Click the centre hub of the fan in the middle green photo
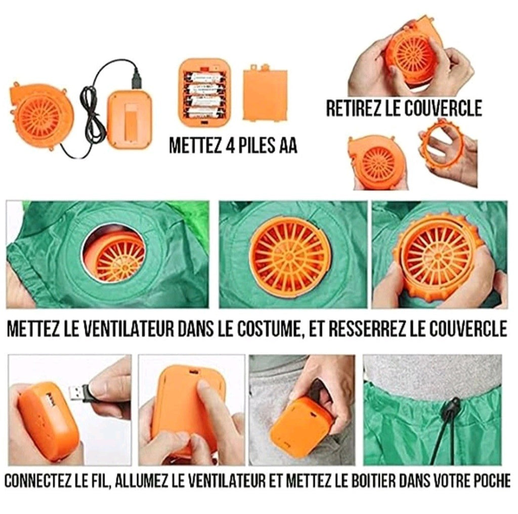tap(289, 255)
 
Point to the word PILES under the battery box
tap(256, 145)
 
